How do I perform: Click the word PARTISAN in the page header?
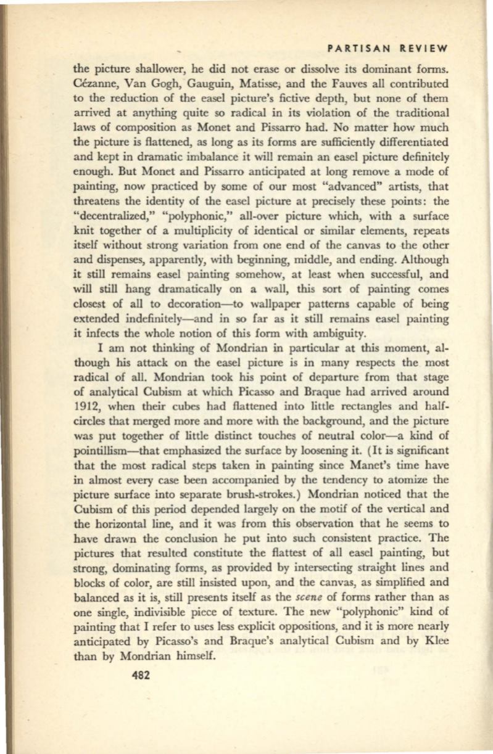pos(351,47)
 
